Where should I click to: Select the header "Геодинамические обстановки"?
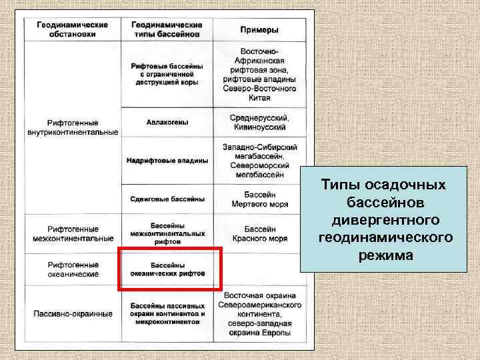[x=73, y=29]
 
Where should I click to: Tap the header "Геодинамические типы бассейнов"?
[x=167, y=29]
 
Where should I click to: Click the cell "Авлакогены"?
[x=167, y=123]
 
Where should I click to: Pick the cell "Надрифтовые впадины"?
[x=167, y=161]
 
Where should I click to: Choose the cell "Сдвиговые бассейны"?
[x=167, y=199]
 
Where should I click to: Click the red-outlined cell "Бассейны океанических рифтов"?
[x=168, y=269]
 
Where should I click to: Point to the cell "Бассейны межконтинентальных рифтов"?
[x=167, y=233]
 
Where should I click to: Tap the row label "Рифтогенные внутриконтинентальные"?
[x=73, y=127]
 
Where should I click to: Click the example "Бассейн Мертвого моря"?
[x=259, y=199]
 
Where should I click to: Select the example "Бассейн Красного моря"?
[x=259, y=233]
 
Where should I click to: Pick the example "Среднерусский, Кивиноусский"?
[x=259, y=123]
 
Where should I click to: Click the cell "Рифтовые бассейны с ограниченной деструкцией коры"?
[x=167, y=75]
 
